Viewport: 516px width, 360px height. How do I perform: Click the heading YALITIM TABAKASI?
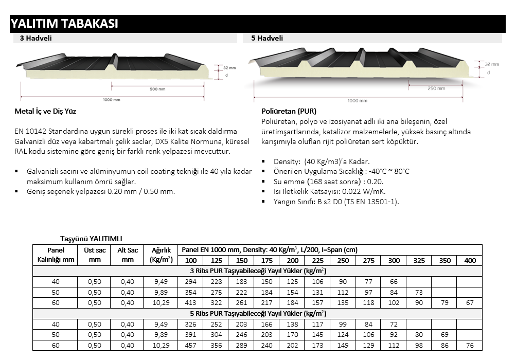point(65,24)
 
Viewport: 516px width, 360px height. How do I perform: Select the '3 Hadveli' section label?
point(35,38)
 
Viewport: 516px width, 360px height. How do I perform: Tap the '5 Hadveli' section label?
point(266,38)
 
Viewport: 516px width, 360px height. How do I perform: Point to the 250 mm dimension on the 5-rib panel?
point(435,88)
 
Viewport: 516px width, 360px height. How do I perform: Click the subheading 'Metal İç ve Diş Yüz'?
point(46,111)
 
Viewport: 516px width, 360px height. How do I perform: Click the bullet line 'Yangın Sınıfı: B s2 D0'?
point(336,202)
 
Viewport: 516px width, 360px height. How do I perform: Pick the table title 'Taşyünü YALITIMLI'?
point(92,239)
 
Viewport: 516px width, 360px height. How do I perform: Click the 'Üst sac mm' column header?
point(95,255)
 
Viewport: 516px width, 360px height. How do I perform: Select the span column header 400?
point(470,260)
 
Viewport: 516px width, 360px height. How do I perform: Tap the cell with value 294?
point(191,281)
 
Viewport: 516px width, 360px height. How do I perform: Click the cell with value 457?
point(191,346)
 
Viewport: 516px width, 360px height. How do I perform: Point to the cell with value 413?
point(191,303)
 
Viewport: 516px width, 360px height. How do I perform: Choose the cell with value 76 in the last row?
point(470,346)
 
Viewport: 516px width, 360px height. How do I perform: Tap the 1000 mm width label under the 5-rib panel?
point(357,101)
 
